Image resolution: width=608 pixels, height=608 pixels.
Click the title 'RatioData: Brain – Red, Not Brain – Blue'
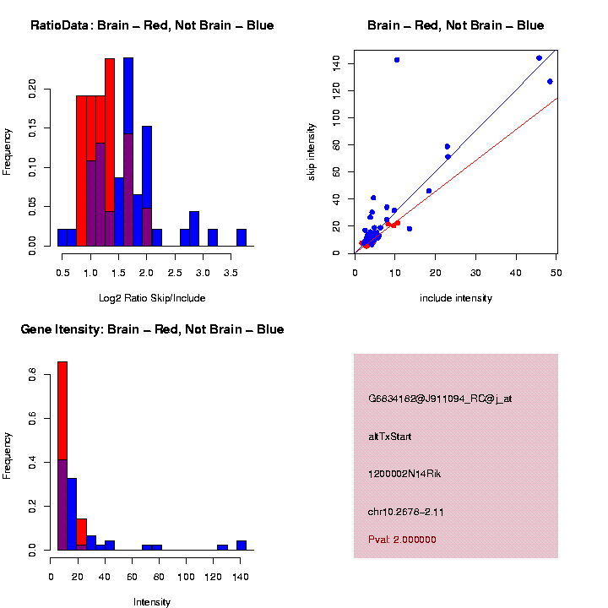[152, 25]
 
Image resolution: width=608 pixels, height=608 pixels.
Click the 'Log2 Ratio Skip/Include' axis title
[152, 298]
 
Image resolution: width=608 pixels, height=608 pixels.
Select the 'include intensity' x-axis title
[456, 298]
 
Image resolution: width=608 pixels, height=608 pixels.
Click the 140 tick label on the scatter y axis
[336, 63]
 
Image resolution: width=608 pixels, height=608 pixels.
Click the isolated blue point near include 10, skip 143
[397, 60]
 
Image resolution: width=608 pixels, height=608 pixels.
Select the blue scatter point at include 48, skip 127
[550, 82]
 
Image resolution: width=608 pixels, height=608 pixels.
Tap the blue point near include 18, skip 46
[429, 191]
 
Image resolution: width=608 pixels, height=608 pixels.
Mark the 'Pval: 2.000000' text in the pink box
[402, 540]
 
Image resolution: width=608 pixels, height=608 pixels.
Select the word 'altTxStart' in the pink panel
[390, 437]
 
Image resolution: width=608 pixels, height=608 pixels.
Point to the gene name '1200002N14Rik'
[404, 474]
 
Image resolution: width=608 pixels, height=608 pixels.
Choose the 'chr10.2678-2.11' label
[406, 512]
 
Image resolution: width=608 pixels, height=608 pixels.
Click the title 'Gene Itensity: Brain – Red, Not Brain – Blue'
[152, 329]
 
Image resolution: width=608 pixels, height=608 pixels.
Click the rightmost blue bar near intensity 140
[242, 545]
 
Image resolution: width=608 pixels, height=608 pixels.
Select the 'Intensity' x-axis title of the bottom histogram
[152, 602]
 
